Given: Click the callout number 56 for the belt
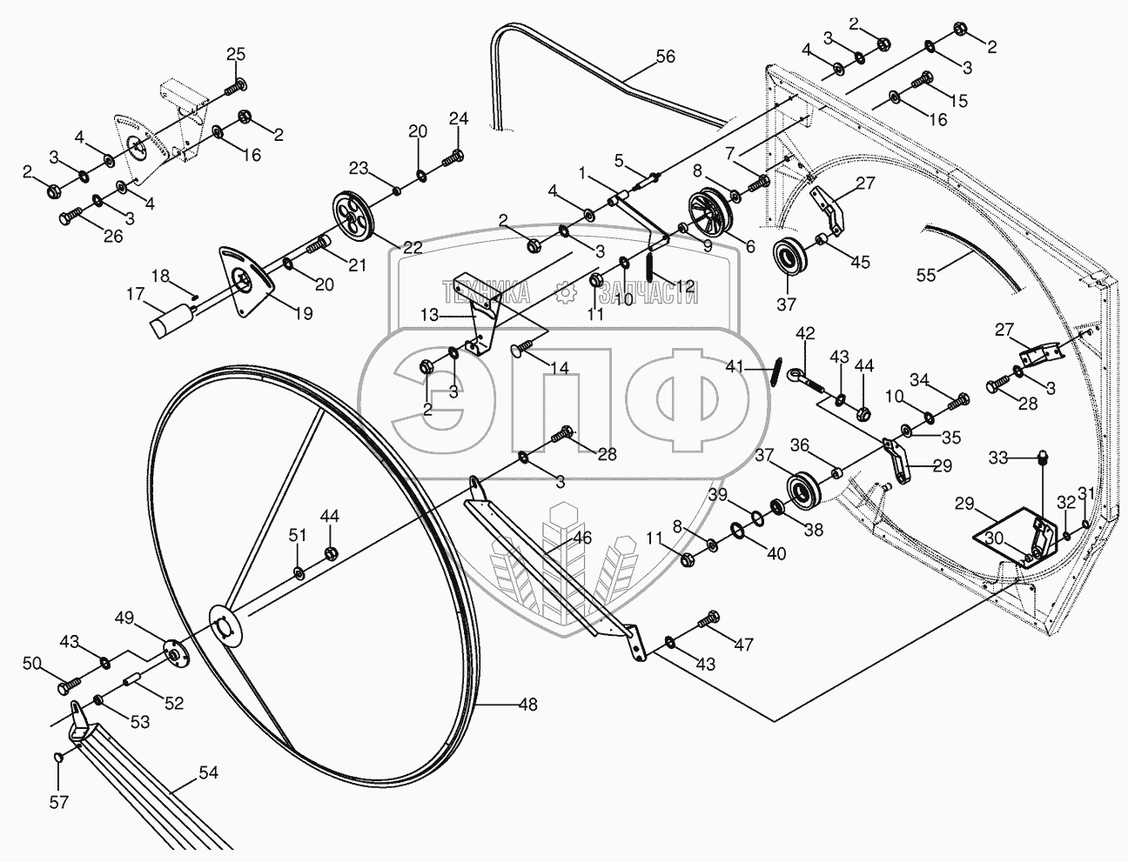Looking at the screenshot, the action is (666, 56).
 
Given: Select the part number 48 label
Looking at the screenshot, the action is (527, 705).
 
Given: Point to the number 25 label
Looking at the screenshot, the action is (236, 54).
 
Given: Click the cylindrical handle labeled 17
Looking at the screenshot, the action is (172, 320).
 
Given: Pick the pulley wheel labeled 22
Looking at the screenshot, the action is (353, 221).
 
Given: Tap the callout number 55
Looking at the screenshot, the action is (927, 275).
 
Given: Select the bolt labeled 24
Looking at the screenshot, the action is (453, 157).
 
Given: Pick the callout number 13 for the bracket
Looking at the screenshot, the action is (430, 315).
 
